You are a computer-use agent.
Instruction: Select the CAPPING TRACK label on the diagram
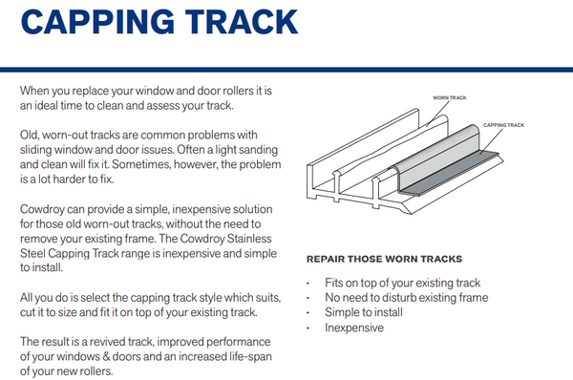pyautogui.click(x=502, y=125)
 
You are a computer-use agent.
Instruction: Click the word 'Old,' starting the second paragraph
pyautogui.click(x=30, y=135)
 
